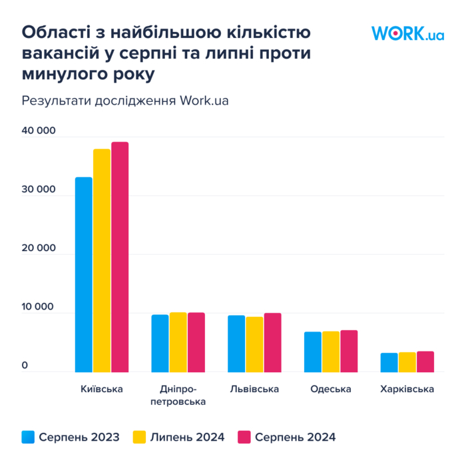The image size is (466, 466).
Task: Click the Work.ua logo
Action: [x=407, y=33]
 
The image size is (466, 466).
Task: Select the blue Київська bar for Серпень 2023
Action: [x=84, y=274]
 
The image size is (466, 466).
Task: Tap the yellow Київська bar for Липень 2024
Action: [x=102, y=260]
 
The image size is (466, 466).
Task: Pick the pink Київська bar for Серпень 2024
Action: [x=120, y=257]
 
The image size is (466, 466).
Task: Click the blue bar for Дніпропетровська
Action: [x=160, y=343]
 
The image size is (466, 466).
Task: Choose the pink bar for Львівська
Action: [x=273, y=342]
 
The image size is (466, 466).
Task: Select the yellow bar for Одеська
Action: [x=331, y=351]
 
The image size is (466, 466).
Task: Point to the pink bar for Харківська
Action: [x=425, y=361]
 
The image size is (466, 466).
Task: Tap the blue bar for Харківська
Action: [x=389, y=362]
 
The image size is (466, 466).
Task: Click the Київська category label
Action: [x=101, y=389]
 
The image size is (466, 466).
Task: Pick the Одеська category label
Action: [x=330, y=389]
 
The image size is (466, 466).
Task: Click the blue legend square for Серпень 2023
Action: [x=28, y=437]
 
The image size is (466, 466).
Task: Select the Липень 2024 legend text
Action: [x=187, y=437]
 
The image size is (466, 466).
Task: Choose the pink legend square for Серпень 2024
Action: [x=244, y=437]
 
